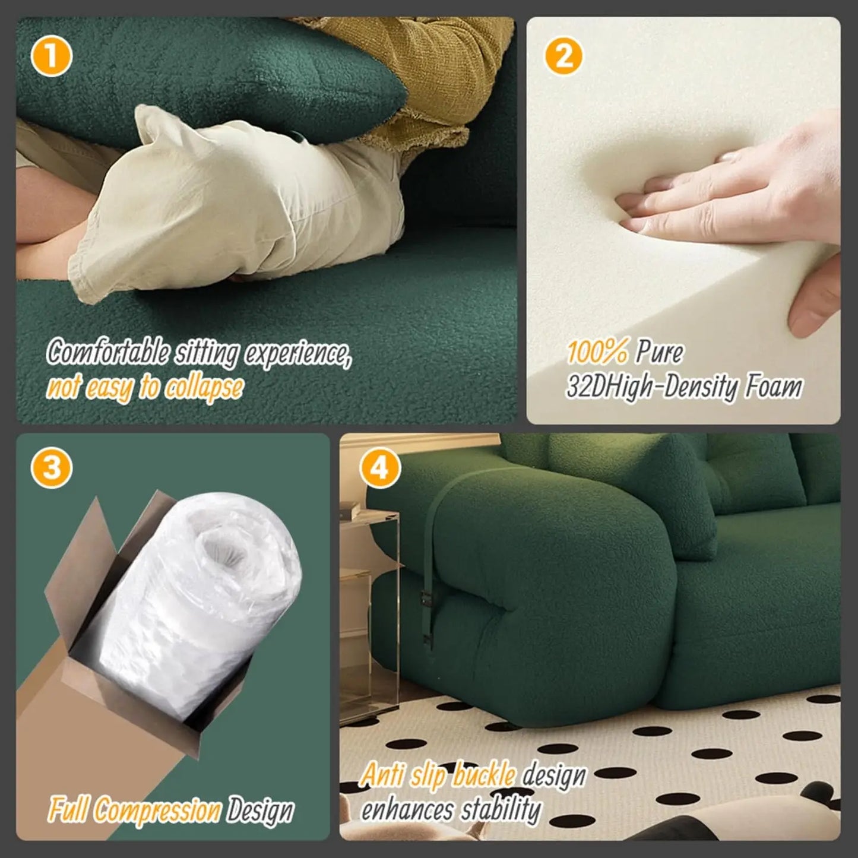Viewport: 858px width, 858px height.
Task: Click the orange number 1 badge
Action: (51, 58)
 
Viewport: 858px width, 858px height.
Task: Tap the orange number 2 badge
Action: (563, 56)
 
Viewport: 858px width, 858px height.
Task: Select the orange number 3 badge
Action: (52, 468)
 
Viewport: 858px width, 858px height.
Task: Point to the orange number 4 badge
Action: (379, 468)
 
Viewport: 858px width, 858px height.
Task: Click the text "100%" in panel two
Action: (597, 352)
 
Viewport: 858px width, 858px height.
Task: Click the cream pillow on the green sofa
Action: (238, 196)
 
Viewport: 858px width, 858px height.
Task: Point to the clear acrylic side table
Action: (368, 594)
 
